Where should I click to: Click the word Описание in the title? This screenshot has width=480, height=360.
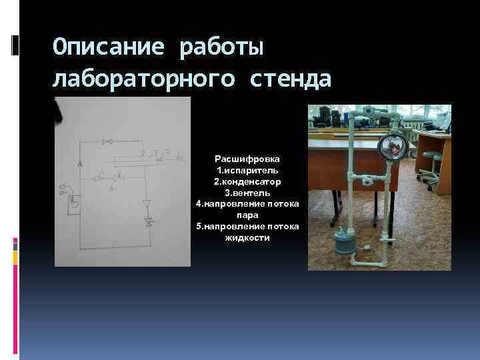coord(109,47)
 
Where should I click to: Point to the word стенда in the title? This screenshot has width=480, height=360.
coord(291,79)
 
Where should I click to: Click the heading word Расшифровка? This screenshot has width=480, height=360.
coord(247,159)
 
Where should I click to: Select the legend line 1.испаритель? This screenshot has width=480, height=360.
coord(247,171)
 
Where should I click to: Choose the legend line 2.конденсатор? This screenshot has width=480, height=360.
coord(247,181)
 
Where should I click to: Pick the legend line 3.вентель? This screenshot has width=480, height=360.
coord(247,193)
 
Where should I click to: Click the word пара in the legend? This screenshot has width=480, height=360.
coord(247,215)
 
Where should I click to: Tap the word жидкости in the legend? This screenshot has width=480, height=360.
coord(247,237)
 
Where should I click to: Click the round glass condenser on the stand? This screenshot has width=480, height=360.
coord(392,146)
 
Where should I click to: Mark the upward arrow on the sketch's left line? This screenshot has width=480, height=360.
coord(80,162)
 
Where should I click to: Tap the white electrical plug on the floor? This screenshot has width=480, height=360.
coord(365,247)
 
